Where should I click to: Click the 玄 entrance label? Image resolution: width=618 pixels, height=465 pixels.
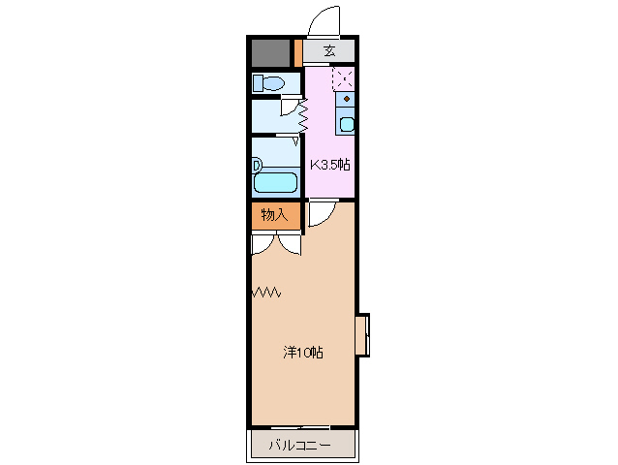click(x=329, y=51)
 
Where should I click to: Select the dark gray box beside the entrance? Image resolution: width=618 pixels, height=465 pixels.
click(x=271, y=52)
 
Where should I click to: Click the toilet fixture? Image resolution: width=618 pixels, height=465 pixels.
click(x=268, y=83)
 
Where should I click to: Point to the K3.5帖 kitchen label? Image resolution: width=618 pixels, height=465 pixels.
click(x=329, y=165)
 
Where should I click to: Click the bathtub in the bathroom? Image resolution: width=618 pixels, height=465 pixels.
click(x=277, y=180)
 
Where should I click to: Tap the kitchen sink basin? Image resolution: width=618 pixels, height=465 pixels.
click(x=346, y=124)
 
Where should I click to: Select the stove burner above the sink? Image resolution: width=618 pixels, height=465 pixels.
click(x=346, y=99)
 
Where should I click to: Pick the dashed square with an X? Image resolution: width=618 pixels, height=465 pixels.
click(x=343, y=77)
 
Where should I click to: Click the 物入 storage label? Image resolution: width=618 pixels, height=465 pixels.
click(x=273, y=215)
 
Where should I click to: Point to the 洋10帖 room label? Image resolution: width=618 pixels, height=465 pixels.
click(x=302, y=353)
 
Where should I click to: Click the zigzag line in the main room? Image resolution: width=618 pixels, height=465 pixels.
click(x=266, y=291)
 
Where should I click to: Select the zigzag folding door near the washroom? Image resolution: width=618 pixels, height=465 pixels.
click(x=304, y=118)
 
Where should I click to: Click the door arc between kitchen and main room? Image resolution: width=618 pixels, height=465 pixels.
click(x=322, y=217)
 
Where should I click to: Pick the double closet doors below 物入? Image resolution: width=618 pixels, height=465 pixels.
click(x=275, y=243)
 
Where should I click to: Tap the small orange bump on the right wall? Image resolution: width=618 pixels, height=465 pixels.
click(x=362, y=335)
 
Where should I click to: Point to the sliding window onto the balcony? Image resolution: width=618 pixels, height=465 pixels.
click(x=301, y=427)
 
